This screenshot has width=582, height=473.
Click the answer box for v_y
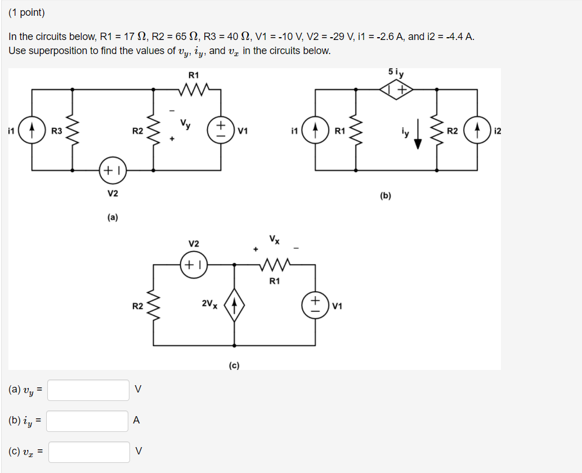click(88, 390)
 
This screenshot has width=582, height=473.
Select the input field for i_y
click(88, 421)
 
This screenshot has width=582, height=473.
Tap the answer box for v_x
click(88, 452)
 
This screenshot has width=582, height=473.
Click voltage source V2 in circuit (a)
click(113, 169)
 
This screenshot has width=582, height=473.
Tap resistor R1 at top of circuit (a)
click(194, 89)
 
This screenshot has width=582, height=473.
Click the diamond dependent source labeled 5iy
click(397, 89)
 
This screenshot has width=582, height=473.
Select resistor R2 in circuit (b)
click(437, 131)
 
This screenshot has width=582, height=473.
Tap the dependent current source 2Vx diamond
click(234, 305)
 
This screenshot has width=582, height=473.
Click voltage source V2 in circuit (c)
click(194, 264)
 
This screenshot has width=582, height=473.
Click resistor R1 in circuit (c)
click(275, 264)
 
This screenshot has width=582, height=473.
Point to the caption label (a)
click(113, 217)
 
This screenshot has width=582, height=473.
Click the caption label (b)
click(386, 196)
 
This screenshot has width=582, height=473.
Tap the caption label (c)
click(234, 365)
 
